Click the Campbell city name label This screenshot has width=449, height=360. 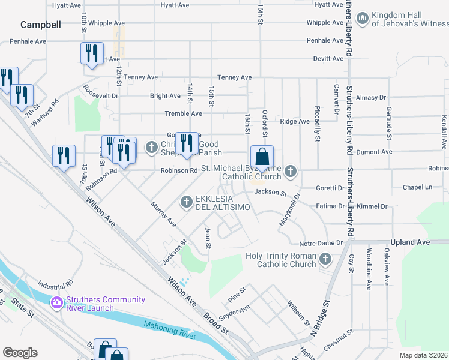pyautogui.click(x=41, y=25)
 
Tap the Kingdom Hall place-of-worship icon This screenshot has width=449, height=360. pyautogui.click(x=362, y=19)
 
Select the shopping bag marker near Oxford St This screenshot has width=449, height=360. pyautogui.click(x=262, y=158)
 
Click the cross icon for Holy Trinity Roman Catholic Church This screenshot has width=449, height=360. pyautogui.click(x=325, y=260)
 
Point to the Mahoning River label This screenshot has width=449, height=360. pyautogui.click(x=170, y=329)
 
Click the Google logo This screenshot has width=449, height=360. pyautogui.click(x=20, y=353)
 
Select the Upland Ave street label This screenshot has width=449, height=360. pyautogui.click(x=411, y=242)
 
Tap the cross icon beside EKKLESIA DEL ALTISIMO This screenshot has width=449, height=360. pyautogui.click(x=187, y=200)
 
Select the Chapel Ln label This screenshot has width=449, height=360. pyautogui.click(x=418, y=187)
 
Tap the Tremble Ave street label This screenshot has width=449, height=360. pyautogui.click(x=184, y=113)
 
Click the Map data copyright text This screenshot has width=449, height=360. pyautogui.click(x=423, y=355)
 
